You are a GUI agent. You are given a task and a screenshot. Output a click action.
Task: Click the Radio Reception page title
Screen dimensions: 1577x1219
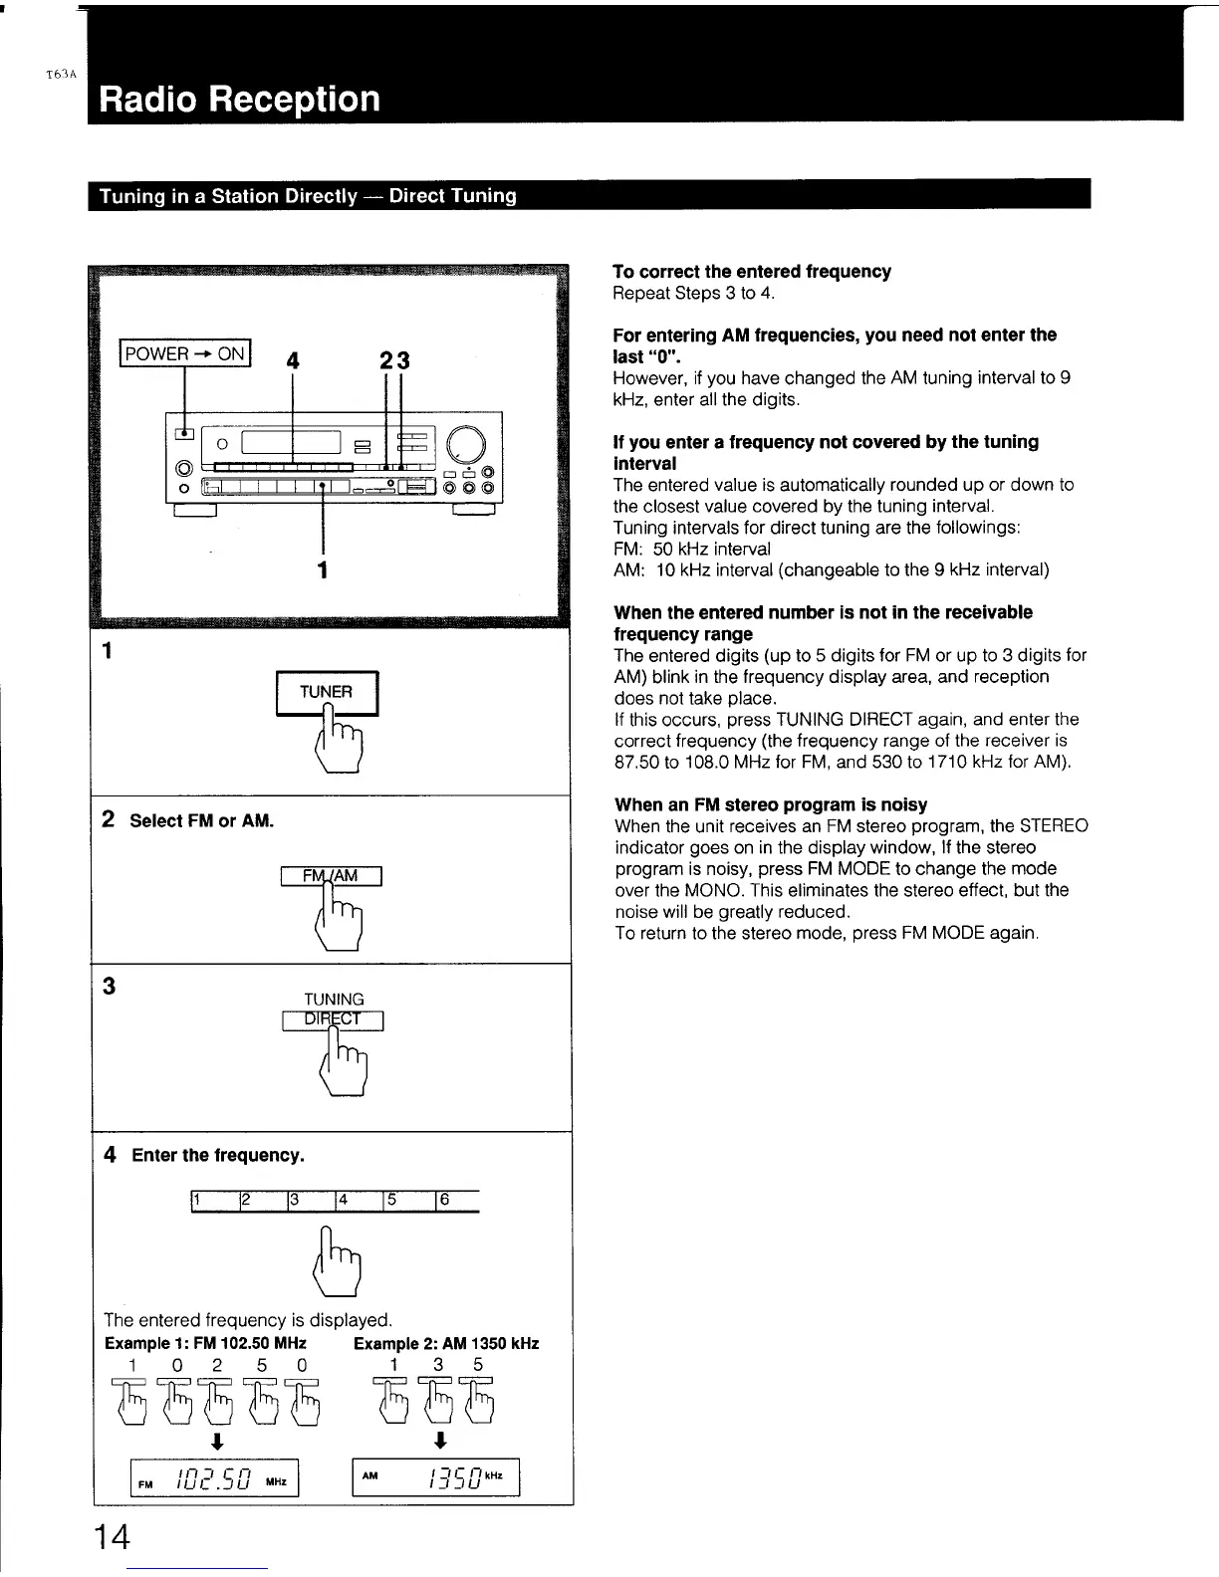tap(239, 100)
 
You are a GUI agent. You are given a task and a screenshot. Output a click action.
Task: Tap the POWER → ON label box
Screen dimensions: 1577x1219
tap(185, 353)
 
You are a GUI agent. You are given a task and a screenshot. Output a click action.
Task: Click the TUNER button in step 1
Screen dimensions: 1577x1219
tap(327, 692)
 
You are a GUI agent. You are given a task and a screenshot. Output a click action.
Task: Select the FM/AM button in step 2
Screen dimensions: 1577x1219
tap(332, 876)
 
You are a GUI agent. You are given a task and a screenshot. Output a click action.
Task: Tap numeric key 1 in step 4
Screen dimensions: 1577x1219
tap(212, 1201)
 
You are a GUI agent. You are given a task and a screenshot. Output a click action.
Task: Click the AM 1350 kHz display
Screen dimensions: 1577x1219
tap(436, 1477)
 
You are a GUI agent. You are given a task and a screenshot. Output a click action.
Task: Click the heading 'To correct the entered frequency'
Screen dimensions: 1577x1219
tap(752, 272)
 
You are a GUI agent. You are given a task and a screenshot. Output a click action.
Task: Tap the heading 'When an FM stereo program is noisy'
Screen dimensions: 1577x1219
tap(771, 804)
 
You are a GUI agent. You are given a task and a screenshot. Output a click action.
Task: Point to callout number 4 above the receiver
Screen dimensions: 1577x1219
tap(292, 361)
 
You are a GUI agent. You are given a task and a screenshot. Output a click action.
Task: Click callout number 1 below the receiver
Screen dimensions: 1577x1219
tap(322, 569)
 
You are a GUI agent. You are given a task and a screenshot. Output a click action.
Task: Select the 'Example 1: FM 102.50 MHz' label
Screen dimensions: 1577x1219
tap(205, 1343)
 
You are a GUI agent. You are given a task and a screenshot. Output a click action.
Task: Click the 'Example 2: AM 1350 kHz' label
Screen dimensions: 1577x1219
tap(446, 1343)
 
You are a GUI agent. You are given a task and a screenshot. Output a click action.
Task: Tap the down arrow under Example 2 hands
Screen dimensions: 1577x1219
tap(440, 1441)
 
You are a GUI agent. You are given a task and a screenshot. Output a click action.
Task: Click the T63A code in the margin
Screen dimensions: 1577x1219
tap(61, 75)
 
